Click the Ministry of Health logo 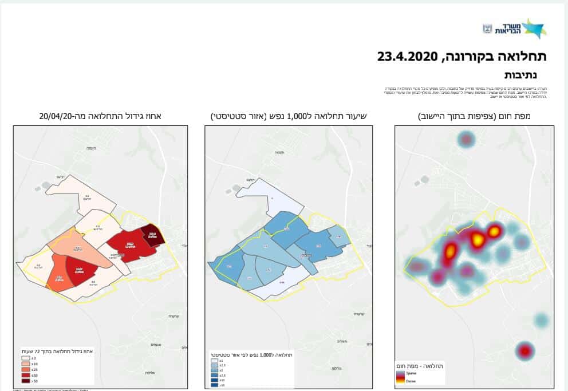pos(514,28)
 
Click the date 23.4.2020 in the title pos(409,56)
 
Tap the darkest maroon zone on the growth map pos(153,234)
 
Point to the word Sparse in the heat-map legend pos(412,373)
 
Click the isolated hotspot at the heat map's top pos(466,139)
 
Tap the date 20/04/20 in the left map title pos(57,116)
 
